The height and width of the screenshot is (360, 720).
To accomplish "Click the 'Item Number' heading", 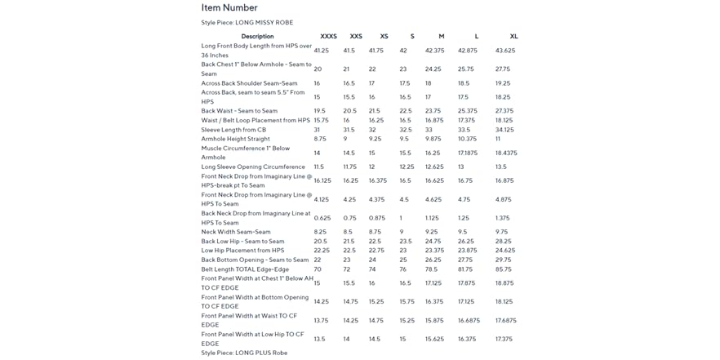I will point(229,8).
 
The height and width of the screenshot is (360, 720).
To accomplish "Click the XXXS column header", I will point(328,37).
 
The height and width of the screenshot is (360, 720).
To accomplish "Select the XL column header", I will point(513,37).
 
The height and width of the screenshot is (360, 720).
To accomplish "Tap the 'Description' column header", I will point(257,37).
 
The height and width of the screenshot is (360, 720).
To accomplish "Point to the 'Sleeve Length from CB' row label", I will point(233,130).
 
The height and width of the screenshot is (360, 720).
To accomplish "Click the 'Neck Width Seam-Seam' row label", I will point(236,232).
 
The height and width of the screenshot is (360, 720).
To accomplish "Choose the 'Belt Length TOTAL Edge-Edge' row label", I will point(245,269).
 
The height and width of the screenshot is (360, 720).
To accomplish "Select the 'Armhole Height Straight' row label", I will point(235,139).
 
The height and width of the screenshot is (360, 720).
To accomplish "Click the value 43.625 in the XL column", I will point(504,51).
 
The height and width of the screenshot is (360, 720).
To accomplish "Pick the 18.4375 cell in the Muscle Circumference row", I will point(506,153).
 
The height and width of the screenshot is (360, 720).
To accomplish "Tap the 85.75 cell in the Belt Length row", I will point(503,269).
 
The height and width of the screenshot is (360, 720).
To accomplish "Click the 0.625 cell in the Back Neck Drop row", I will point(322,218).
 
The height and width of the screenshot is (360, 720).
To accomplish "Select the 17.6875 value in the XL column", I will point(505,321).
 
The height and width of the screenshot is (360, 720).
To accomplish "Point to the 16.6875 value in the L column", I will point(469,321).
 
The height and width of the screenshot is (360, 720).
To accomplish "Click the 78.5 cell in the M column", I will point(431,269).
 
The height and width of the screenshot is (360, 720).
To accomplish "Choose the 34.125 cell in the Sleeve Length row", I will point(504,130).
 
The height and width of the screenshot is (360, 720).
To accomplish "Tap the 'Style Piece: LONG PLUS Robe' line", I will point(244,353).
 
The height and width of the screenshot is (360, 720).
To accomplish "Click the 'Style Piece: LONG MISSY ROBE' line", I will point(247,23).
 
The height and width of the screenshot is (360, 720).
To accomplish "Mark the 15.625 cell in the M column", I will point(434,340).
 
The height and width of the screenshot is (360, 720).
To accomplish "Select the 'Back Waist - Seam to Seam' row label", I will point(239,111).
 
